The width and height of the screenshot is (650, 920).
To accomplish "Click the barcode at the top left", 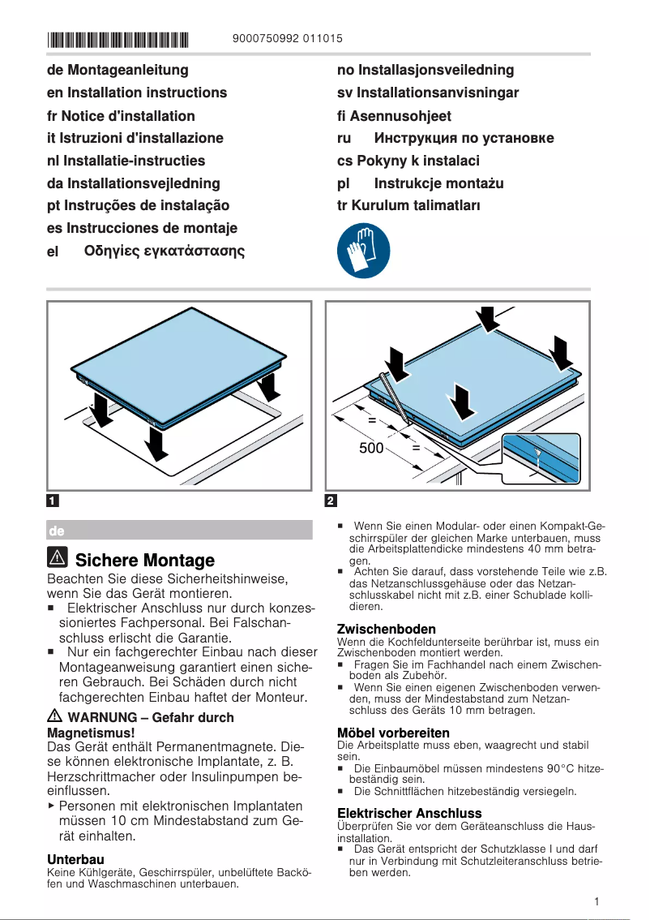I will tap(118, 38).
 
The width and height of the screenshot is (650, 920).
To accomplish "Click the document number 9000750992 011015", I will tap(287, 38).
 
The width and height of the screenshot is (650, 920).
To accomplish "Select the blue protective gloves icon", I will tap(364, 250).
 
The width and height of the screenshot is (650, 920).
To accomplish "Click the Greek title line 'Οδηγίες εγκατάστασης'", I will tap(165, 251).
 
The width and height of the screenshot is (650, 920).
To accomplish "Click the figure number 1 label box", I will tap(53, 500).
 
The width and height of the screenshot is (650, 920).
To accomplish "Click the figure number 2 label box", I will tap(331, 500).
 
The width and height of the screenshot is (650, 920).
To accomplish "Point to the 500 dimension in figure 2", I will tap(371, 448).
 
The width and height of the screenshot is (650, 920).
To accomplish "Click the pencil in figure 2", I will tap(395, 396).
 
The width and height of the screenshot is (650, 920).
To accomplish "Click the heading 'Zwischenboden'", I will tap(386, 629).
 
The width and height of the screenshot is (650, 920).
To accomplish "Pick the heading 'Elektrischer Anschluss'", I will tap(408, 813).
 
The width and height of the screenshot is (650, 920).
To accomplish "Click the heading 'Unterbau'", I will tap(76, 858).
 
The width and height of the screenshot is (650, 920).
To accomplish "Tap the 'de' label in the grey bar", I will tap(57, 531).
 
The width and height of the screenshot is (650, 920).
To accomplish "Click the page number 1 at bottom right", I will tap(596, 901).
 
